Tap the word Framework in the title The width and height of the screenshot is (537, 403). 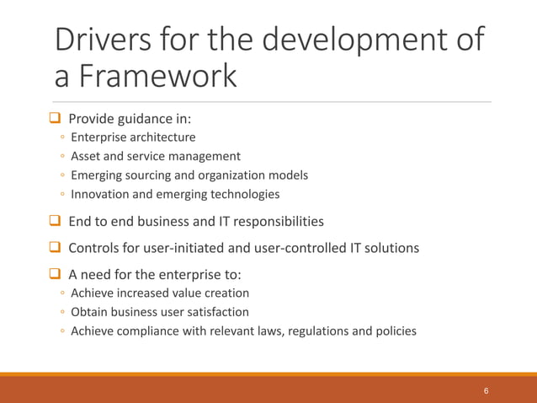point(159,77)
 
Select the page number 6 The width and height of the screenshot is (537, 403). point(486,392)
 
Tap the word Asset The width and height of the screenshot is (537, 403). point(86,156)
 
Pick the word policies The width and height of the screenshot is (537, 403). point(393,330)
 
